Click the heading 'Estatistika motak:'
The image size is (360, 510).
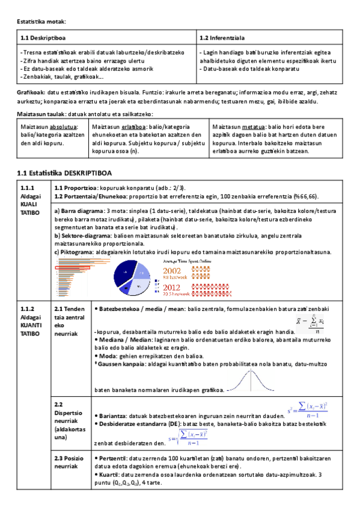tap(40, 22)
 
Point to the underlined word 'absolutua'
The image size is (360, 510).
tap(63, 127)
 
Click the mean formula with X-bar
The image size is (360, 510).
tap(311, 322)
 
